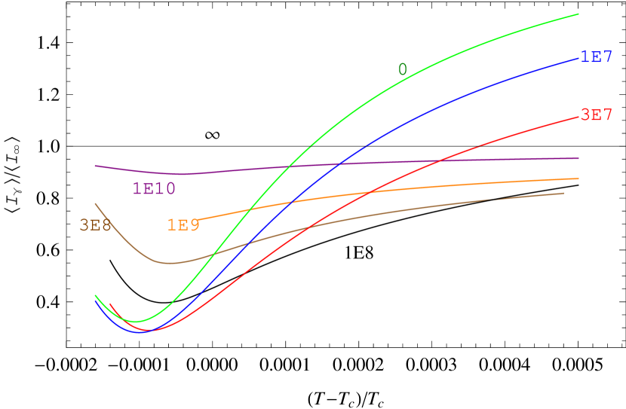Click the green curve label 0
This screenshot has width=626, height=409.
(403, 69)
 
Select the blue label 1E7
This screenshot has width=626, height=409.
(596, 57)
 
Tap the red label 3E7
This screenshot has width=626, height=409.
(596, 115)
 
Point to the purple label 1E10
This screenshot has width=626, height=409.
(154, 188)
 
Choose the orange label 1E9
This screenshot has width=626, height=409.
(183, 225)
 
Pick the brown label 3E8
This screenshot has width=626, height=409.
(95, 225)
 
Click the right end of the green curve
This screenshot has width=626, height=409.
(578, 14)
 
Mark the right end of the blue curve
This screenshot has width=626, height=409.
(578, 57)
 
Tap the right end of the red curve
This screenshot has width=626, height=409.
(578, 115)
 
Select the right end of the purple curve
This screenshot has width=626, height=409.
(578, 158)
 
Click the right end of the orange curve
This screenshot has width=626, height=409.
(578, 179)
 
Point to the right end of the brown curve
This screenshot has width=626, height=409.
(563, 193)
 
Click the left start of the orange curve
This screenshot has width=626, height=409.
(197, 219)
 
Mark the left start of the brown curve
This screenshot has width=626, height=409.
(95, 203)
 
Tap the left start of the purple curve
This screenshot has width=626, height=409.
(95, 166)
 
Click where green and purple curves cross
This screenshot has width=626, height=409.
(290, 166)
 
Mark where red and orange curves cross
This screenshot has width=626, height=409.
(367, 191)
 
